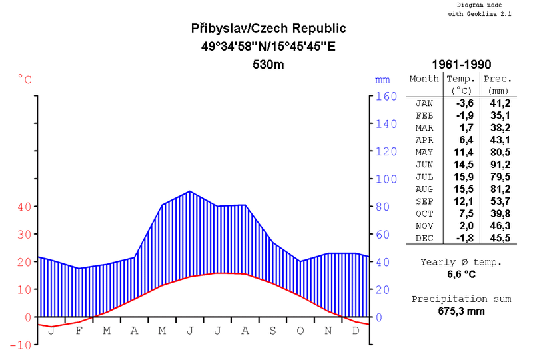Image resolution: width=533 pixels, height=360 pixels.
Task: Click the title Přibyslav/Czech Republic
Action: pos(268,29)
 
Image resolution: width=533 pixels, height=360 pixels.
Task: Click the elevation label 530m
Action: pos(268,65)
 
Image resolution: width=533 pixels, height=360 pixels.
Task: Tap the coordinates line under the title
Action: pos(268,47)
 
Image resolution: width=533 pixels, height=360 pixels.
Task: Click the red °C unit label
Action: pos(25,79)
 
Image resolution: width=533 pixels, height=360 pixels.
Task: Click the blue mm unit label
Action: pos(382,79)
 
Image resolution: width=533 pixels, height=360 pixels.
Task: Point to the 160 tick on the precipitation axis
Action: pos(387,96)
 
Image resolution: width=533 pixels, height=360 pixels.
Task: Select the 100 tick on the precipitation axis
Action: pos(387,179)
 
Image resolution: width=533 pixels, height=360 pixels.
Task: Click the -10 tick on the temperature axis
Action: pos(23,345)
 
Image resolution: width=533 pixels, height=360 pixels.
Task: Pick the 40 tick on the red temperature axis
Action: pos(24,207)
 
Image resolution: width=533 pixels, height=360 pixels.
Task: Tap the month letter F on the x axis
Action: pos(79,331)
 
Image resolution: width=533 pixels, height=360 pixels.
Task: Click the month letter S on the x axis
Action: pos(272,331)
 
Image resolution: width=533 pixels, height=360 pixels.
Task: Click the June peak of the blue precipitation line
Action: pos(190,191)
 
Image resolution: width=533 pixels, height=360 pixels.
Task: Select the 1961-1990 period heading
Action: pos(461,65)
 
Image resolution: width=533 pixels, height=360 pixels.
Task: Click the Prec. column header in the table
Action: pos(497,79)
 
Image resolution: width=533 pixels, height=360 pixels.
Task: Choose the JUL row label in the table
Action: pos(424,177)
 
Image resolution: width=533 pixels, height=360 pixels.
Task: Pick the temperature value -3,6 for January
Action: pos(464,103)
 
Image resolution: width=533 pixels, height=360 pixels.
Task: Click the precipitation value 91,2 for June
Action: pos(500,165)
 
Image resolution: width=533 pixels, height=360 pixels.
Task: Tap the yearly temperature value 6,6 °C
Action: pos(461,274)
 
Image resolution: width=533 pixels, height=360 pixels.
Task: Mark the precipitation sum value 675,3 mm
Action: pos(461,311)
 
